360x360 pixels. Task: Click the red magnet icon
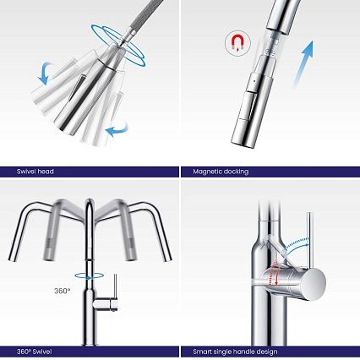point(237,42)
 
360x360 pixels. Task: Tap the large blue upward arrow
point(303,63)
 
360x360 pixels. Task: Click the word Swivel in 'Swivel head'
point(26,172)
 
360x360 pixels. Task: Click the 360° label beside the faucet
point(62,291)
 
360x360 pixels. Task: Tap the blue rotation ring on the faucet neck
point(89,275)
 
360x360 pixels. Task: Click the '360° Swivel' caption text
point(34,352)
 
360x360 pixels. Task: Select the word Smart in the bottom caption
point(202,352)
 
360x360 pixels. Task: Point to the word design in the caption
point(267,352)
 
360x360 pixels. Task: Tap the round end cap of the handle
point(314,284)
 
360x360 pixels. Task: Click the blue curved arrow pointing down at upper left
point(46,73)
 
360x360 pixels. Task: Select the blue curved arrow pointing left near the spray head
point(117,130)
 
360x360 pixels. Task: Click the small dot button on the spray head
point(255,80)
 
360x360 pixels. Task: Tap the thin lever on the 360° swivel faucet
point(115,286)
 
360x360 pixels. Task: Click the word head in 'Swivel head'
point(46,172)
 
